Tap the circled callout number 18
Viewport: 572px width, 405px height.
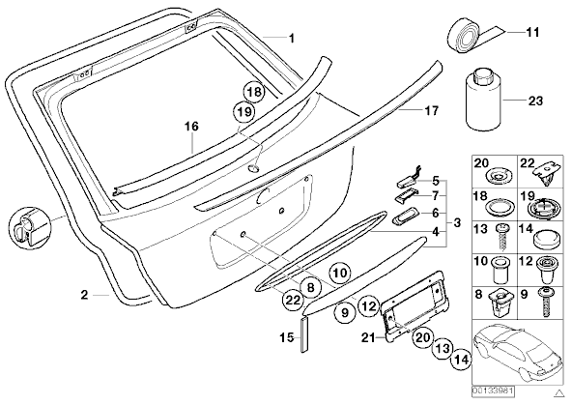(253, 92)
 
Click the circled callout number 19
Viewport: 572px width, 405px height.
(243, 111)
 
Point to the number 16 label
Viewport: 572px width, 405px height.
(191, 127)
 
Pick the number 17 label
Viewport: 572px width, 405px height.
(432, 110)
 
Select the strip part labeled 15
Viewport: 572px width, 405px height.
(304, 334)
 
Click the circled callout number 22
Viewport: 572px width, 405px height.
(292, 301)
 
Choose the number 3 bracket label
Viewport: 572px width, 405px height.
(457, 222)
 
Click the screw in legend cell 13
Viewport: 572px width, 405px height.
(501, 237)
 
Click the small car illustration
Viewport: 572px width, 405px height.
(517, 351)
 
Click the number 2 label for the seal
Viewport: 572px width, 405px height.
(84, 295)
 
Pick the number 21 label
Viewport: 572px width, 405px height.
(368, 338)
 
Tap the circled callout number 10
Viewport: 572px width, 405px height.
(340, 273)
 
